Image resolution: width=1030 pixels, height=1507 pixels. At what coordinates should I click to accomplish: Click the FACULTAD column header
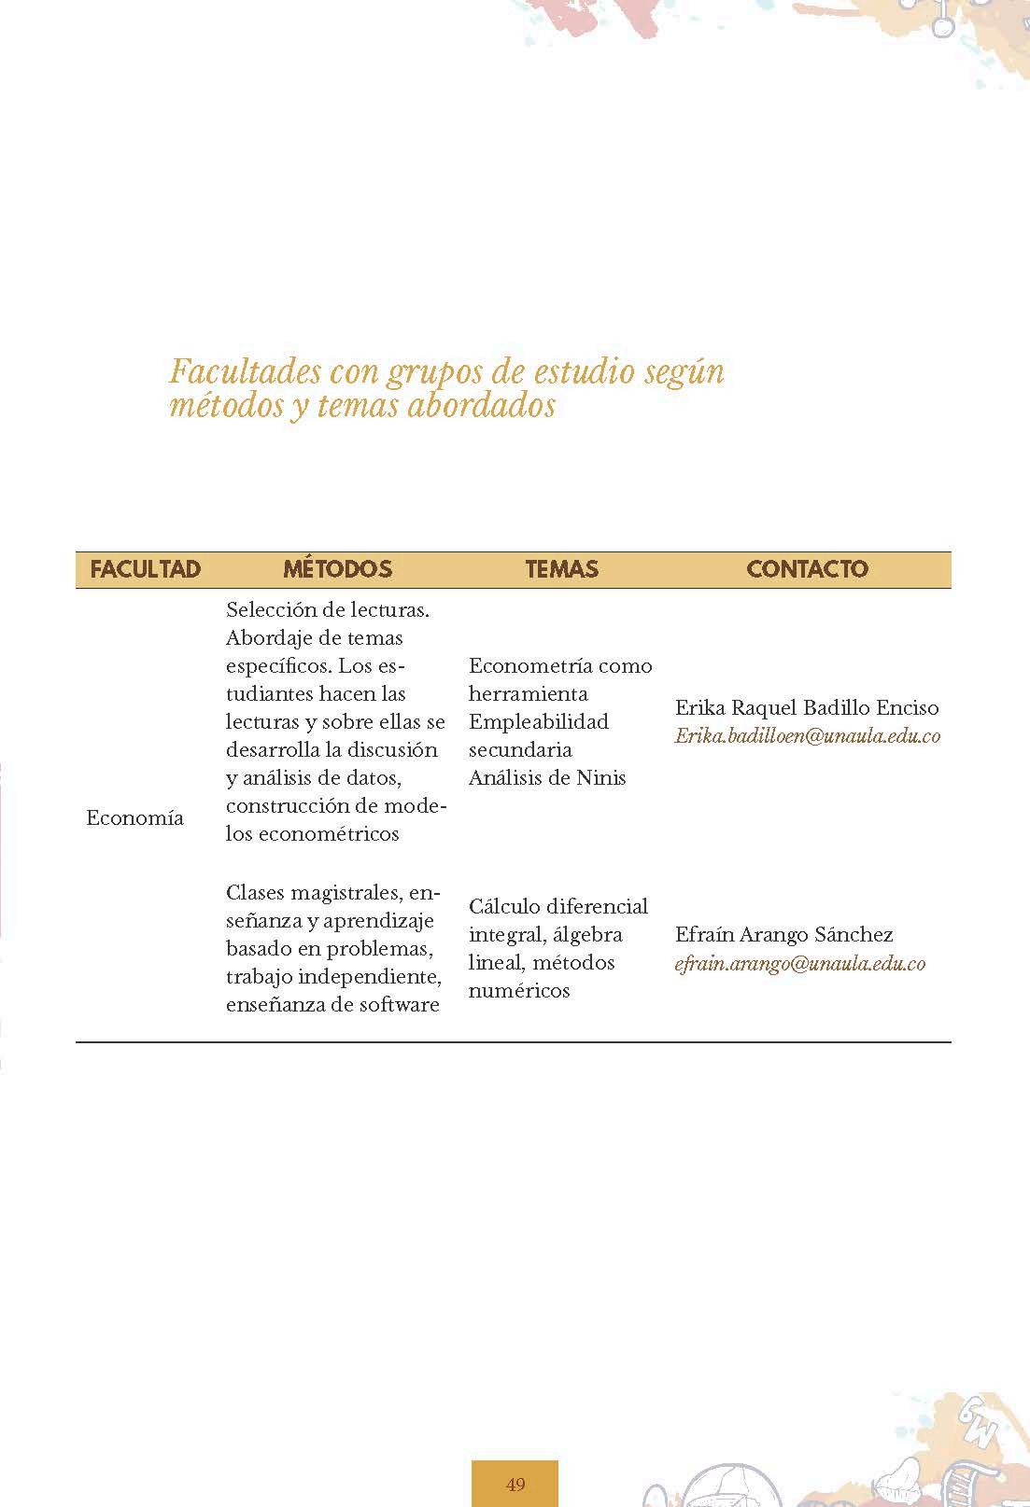click(145, 569)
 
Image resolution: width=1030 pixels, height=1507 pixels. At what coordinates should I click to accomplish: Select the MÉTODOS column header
click(337, 569)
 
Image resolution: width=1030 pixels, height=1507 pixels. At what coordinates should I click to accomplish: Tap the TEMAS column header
click(561, 569)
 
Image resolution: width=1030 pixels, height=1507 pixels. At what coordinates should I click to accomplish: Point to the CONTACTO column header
click(807, 569)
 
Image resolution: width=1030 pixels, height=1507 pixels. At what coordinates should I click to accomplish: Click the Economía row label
click(134, 818)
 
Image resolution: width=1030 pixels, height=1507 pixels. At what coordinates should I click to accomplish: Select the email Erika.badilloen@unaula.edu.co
click(807, 736)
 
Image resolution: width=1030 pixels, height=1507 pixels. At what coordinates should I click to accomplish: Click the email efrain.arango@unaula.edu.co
click(799, 964)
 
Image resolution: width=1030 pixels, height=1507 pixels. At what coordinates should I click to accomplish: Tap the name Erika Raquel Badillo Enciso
click(807, 708)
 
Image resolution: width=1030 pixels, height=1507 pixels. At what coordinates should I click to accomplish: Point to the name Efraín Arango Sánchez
click(783, 935)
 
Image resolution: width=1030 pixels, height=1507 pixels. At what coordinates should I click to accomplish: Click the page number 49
click(515, 1484)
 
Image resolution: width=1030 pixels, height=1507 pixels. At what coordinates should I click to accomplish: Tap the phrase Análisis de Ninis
click(547, 778)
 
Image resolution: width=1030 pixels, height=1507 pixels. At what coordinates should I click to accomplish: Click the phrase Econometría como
click(560, 666)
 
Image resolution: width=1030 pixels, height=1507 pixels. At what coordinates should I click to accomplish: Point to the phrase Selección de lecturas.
click(327, 610)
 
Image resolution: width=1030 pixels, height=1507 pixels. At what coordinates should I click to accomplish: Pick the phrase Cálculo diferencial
click(558, 907)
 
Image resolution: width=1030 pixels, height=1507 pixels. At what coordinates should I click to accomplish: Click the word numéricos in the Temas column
click(518, 991)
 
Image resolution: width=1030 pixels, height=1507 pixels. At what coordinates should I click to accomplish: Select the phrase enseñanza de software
click(332, 1005)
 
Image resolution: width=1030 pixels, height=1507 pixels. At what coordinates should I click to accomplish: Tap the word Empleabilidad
click(538, 722)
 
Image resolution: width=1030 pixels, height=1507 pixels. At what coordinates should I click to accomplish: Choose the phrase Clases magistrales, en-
click(332, 893)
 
